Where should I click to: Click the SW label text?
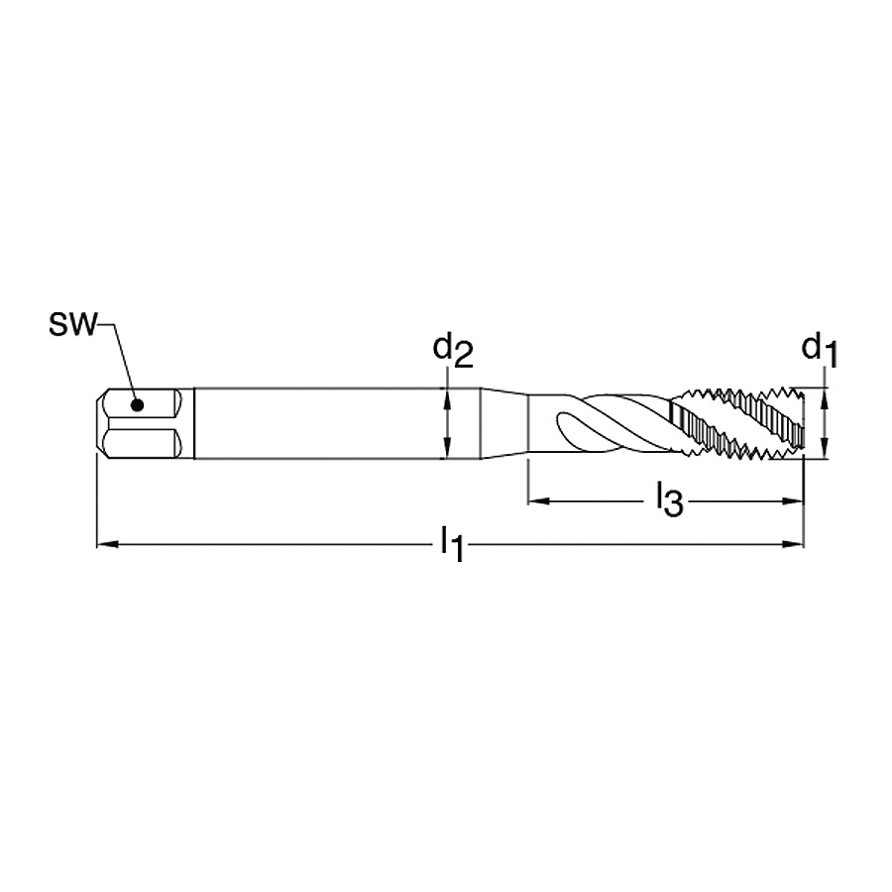(73, 324)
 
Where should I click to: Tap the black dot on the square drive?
(137, 405)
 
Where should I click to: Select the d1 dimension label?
(820, 351)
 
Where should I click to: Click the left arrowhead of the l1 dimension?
(107, 544)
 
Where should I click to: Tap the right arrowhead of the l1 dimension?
(793, 544)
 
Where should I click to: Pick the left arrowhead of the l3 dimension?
(539, 502)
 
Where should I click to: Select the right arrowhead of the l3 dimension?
(793, 502)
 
